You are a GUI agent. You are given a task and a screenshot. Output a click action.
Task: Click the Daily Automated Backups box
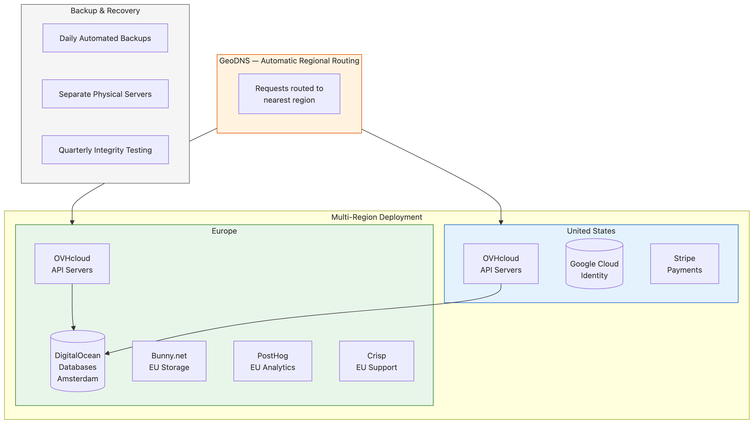point(105,38)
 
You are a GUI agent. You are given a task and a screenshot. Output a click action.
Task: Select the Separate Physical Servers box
point(105,94)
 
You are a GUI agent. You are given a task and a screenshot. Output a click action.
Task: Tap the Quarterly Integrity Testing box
point(105,150)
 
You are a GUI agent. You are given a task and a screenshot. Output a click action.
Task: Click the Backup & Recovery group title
point(105,11)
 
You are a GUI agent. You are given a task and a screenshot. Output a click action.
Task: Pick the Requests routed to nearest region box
point(289,94)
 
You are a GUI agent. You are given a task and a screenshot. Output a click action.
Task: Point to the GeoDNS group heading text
point(289,61)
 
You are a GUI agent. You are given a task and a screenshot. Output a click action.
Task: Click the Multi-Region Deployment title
point(376,217)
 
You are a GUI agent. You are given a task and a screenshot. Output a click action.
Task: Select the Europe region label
point(224,231)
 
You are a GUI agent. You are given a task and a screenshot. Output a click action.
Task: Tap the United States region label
point(591,231)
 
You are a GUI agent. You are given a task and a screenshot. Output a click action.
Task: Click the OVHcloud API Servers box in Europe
point(72,264)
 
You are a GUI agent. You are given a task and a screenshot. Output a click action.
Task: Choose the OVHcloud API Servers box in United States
point(501,264)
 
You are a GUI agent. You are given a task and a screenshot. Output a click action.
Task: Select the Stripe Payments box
point(684,264)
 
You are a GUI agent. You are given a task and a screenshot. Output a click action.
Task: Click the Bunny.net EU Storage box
point(169,361)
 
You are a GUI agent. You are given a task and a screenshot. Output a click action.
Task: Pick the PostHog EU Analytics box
point(273,361)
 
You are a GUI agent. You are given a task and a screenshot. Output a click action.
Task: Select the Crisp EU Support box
point(376,361)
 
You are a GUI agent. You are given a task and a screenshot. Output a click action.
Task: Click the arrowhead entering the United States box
point(501,223)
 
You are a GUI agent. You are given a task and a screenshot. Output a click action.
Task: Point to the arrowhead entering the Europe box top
point(72,223)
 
